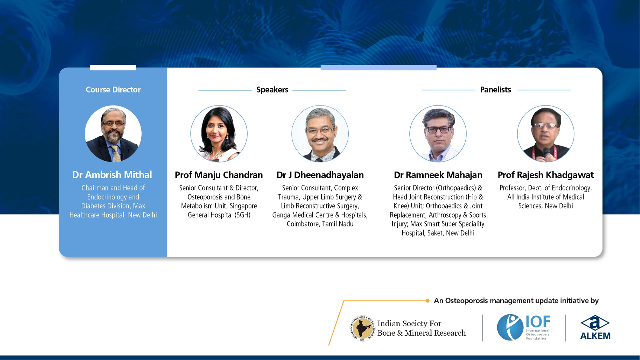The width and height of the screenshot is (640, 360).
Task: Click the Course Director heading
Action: (x=113, y=90)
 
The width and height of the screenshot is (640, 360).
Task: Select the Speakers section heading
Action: (x=272, y=90)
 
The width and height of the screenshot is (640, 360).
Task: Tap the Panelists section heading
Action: (x=495, y=90)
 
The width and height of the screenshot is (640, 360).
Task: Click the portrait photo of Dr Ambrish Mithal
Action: (x=113, y=134)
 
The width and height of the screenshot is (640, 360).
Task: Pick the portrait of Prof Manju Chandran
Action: (x=219, y=134)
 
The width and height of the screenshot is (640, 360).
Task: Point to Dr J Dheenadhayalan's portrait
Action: (x=320, y=134)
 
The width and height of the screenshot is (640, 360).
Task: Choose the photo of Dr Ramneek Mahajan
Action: (x=438, y=134)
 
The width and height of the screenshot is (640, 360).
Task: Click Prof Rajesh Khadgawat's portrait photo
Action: (x=545, y=134)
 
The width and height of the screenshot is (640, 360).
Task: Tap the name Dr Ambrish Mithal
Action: (x=112, y=175)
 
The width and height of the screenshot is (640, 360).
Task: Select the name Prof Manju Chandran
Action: (x=219, y=175)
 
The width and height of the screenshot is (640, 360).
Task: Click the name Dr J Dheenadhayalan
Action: (x=320, y=175)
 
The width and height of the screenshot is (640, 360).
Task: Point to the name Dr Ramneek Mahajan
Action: (x=438, y=175)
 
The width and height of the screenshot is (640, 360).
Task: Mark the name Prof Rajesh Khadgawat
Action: (x=545, y=175)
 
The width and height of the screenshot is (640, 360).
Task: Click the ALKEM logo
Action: (x=595, y=328)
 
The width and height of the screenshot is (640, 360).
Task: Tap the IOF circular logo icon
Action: (x=510, y=328)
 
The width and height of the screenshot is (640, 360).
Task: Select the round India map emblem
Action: (x=362, y=328)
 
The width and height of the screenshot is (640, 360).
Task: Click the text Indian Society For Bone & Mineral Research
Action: (x=421, y=328)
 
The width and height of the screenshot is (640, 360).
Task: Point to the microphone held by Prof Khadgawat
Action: (x=547, y=151)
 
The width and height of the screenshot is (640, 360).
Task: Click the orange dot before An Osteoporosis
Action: (x=428, y=301)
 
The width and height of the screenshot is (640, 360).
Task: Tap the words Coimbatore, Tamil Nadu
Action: (x=320, y=224)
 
